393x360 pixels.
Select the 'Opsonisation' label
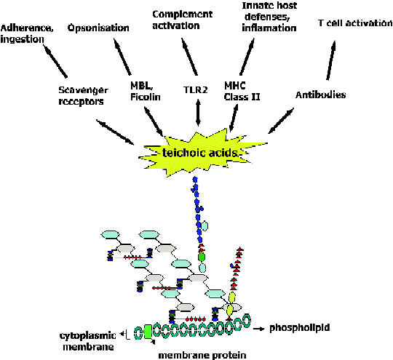[x=98, y=28]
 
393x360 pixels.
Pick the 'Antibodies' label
[x=320, y=95]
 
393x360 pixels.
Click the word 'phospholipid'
[x=299, y=328]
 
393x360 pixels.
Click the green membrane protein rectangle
[x=148, y=332]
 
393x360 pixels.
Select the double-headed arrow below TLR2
[x=198, y=112]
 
